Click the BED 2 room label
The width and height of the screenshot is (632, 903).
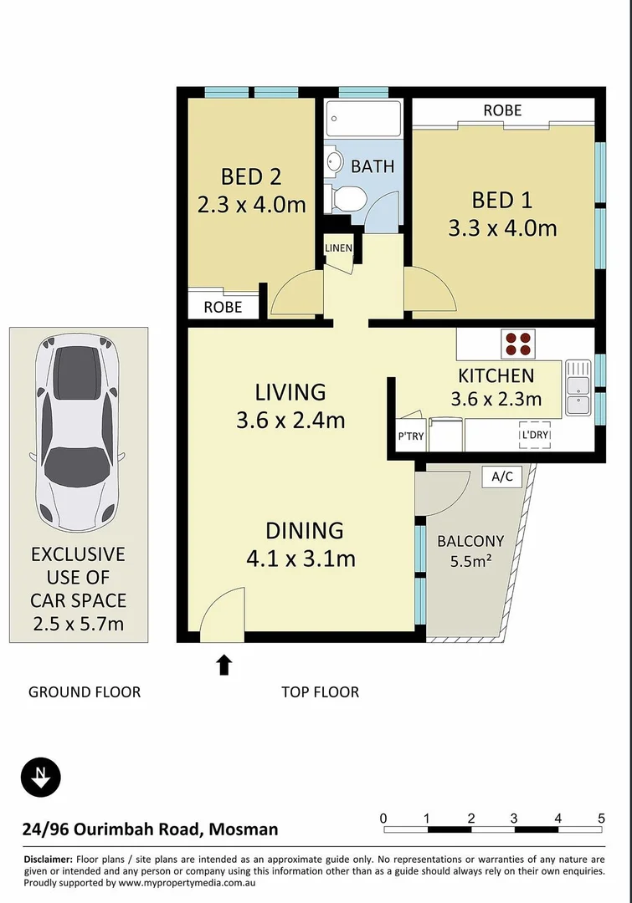250,176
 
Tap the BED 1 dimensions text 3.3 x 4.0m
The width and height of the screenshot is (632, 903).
502,227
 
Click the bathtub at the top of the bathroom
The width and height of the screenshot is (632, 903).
363,119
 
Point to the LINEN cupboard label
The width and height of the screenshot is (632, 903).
339,248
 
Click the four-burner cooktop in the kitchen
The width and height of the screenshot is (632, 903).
517,344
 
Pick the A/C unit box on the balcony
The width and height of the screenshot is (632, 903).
502,477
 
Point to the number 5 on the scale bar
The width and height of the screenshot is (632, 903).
601,818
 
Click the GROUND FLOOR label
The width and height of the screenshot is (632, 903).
85,692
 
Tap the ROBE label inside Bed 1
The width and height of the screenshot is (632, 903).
502,110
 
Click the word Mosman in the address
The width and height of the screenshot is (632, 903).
244,829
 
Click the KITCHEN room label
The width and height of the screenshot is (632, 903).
496,375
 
